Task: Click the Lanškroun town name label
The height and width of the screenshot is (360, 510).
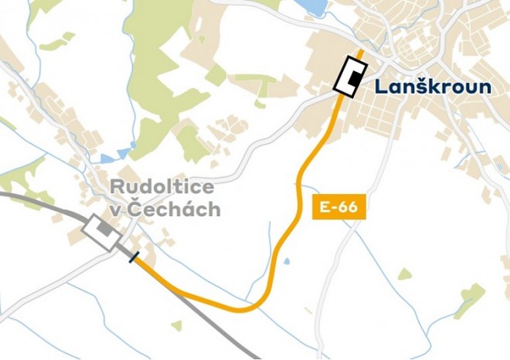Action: tap(433, 86)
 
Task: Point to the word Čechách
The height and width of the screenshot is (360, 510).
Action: tap(185, 209)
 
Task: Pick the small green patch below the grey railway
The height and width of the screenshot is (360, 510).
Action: tap(177, 325)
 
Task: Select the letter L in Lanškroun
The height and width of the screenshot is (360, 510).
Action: tap(381, 86)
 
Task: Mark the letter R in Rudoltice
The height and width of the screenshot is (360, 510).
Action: tap(117, 186)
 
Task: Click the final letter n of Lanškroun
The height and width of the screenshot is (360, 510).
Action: tap(484, 87)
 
